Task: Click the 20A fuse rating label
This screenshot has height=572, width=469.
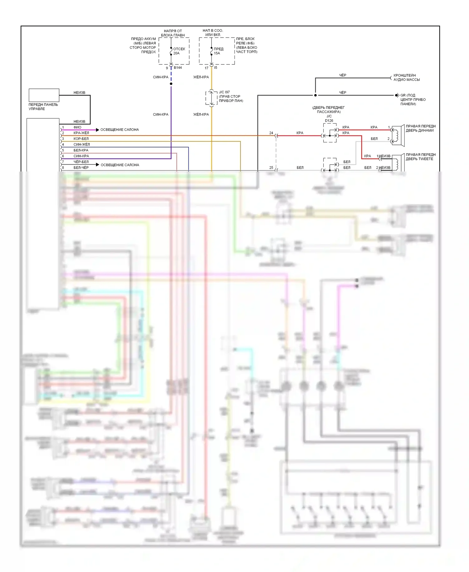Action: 176,54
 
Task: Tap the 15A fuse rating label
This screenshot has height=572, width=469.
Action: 217,54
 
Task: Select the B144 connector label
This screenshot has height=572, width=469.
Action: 178,68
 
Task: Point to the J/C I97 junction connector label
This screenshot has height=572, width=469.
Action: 224,92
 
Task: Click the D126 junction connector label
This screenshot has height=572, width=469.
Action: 329,120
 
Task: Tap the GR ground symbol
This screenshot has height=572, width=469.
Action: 397,95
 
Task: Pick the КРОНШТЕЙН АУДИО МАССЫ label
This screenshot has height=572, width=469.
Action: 406,78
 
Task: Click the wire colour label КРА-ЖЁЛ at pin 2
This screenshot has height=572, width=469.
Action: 81,133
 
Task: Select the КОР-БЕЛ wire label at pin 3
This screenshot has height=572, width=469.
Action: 81,139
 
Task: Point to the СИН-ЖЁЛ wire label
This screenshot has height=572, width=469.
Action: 82,145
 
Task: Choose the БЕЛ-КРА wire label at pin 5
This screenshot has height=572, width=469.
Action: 81,150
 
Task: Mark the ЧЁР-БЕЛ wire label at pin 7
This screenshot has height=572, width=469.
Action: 81,162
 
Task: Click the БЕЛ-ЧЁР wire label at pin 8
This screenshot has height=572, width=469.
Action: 81,168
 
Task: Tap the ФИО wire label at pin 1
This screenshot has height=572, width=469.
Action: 77,127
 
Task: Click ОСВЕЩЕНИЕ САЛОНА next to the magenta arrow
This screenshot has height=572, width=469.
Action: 119,130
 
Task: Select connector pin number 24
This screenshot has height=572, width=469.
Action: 271,133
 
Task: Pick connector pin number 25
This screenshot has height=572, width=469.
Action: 271,168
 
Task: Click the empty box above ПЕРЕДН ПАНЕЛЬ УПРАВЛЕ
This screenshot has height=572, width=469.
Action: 44,95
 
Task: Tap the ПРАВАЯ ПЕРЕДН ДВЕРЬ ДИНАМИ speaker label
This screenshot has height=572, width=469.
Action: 421,128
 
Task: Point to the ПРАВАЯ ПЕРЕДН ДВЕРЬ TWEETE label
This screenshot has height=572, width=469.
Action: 421,157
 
